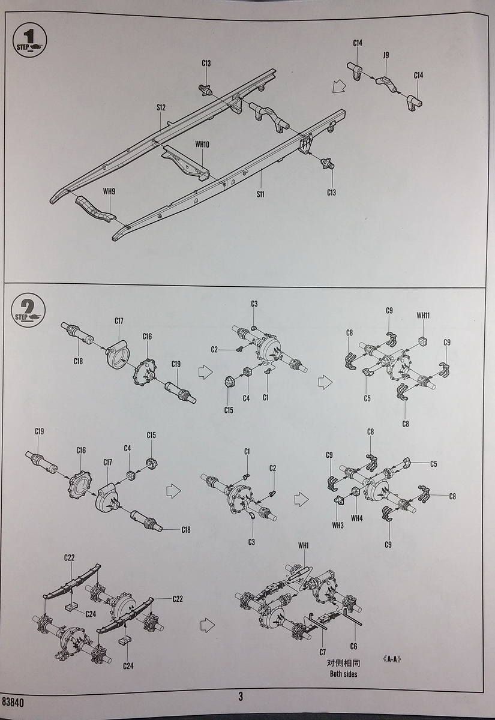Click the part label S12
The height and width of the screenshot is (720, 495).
(x=161, y=107)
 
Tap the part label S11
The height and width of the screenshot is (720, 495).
(x=260, y=194)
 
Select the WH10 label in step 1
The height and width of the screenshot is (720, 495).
(x=202, y=145)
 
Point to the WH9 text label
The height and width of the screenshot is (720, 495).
(x=109, y=191)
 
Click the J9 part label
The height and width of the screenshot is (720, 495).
(x=386, y=55)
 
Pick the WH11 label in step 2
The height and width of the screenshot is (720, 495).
(x=423, y=314)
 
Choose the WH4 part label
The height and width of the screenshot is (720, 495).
(x=357, y=518)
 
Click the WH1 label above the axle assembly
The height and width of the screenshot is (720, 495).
(x=303, y=545)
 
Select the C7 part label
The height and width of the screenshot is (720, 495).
(x=322, y=652)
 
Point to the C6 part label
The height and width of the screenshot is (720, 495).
(x=353, y=646)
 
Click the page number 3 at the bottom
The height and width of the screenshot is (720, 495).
(x=241, y=697)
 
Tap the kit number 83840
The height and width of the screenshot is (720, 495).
(x=14, y=701)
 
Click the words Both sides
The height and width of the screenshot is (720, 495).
(x=343, y=674)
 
